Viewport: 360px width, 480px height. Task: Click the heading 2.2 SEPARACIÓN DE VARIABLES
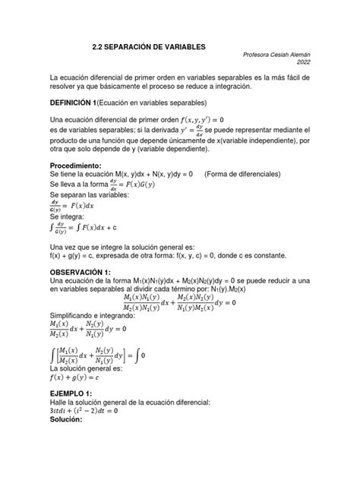pyautogui.click(x=154, y=47)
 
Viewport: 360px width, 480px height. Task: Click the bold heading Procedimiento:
pyautogui.click(x=80, y=165)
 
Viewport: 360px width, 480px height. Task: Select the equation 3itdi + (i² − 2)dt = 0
pyautogui.click(x=84, y=411)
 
